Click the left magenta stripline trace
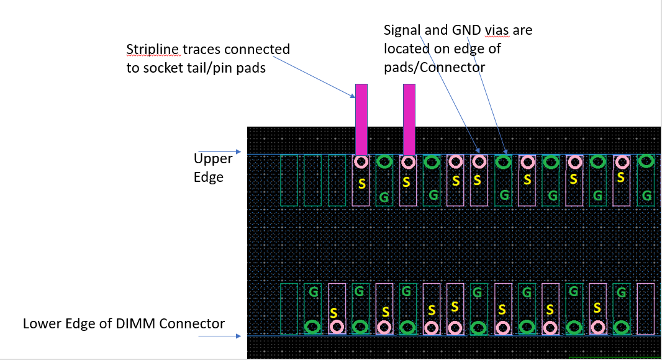361,119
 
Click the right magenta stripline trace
409,119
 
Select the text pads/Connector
433,67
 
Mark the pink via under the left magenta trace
361,163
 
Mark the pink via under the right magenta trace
408,163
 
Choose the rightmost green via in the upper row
646,161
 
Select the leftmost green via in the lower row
313,326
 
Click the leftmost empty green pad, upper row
289,180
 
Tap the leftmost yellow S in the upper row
361,184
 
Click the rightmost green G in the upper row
646,196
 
